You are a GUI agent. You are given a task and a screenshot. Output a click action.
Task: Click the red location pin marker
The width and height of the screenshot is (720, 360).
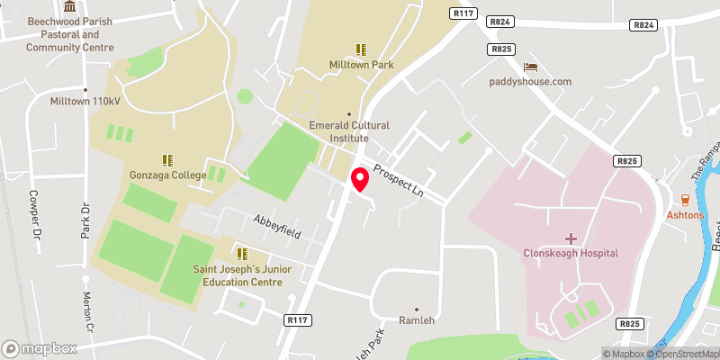click(360, 178)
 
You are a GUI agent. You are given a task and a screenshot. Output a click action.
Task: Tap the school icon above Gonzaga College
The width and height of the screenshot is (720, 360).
click(166, 159)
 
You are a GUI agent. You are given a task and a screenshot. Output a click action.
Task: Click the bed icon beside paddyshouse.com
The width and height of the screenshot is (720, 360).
click(531, 67)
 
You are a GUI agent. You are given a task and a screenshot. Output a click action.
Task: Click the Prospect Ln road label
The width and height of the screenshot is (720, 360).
click(397, 177)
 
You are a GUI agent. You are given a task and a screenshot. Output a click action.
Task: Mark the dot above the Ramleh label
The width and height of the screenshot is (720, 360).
click(416, 308)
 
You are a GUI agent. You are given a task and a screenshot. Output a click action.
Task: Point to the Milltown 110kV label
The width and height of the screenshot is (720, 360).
click(85, 102)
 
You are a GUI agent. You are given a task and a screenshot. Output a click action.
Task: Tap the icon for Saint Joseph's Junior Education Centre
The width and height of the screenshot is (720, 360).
click(240, 253)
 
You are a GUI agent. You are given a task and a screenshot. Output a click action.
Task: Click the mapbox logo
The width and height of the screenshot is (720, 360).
click(39, 348)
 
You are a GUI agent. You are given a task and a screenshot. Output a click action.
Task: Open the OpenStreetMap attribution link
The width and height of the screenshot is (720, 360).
click(684, 354)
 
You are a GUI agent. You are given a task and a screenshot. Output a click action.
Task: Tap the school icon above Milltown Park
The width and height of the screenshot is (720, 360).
click(361, 49)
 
